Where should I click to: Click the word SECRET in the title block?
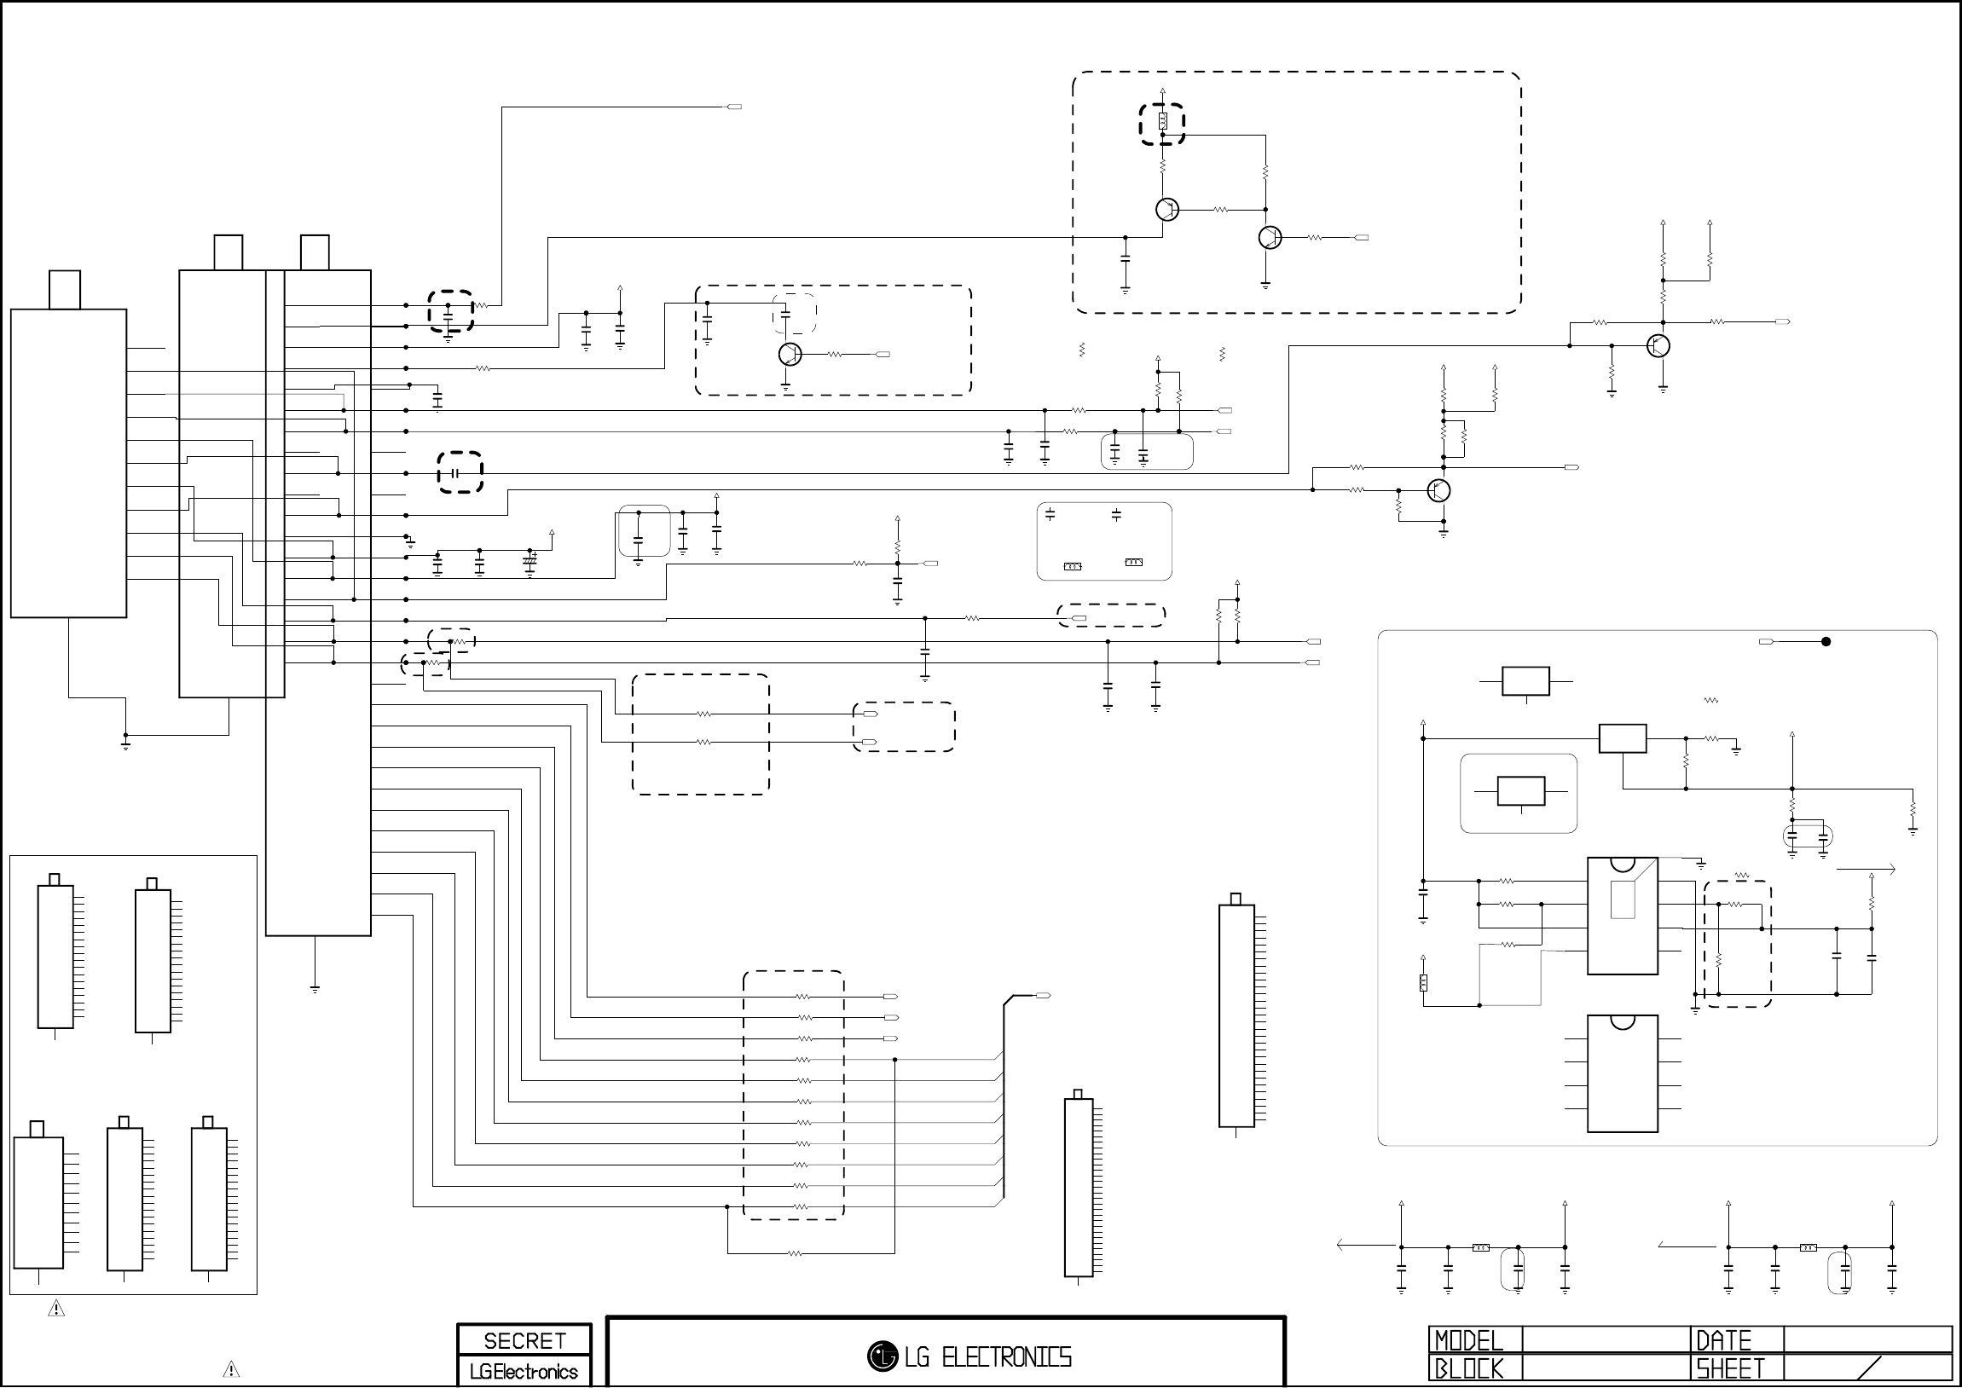pos(524,1340)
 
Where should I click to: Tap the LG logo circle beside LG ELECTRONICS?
pos(882,1356)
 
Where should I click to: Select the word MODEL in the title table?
pos(1468,1340)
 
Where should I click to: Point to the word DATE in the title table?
pos(1723,1340)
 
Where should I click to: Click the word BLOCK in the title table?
pos(1468,1368)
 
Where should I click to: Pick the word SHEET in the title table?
pos(1730,1368)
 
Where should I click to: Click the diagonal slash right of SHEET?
pos(1869,1368)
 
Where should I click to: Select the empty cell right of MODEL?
pos(1606,1340)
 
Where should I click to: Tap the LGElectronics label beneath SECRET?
pos(524,1372)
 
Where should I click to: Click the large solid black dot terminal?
pos(1826,642)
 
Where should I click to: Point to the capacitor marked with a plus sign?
pos(530,564)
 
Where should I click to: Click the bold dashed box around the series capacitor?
pos(460,472)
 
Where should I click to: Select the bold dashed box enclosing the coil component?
pos(1162,124)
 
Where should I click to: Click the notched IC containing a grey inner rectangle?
pos(1622,916)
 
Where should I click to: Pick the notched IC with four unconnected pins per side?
pos(1622,1073)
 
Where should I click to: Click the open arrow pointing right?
pos(1867,870)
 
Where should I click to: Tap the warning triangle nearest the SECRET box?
pos(231,1369)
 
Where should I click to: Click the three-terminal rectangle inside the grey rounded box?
pos(1521,791)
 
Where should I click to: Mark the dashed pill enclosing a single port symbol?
pos(1111,616)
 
